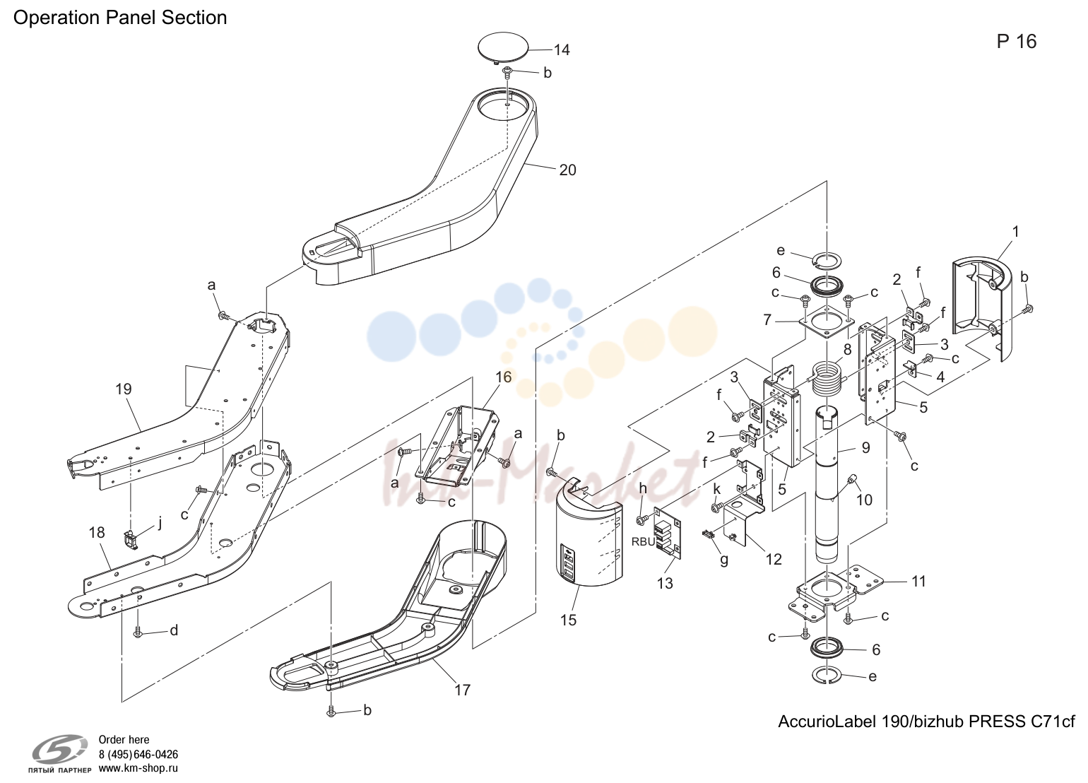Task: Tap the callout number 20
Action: coord(567,170)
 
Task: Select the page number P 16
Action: coord(1017,42)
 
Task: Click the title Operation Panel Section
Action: coord(120,18)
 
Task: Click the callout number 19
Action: coord(124,389)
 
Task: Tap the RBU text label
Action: coord(644,542)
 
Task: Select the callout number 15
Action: coord(568,620)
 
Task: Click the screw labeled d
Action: coord(138,632)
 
